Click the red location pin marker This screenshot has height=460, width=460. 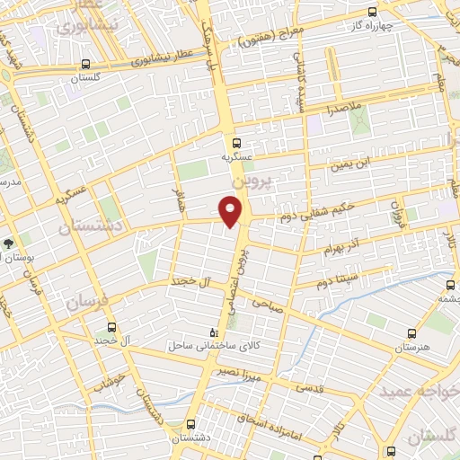coord(232,210)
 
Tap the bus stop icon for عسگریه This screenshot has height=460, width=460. coord(235,142)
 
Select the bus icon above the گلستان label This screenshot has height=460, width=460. coord(85,65)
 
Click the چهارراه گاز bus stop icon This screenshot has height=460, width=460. coord(373,13)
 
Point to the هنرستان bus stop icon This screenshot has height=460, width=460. coord(411,332)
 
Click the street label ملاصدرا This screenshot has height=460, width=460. coord(342,109)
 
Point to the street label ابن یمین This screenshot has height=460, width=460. coord(347,164)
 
